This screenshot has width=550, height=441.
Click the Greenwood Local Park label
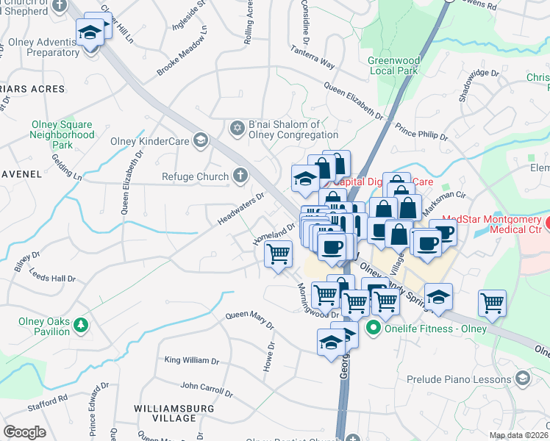393,65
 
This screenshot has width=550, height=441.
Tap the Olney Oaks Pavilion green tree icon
81,323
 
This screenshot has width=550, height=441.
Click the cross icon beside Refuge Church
239,176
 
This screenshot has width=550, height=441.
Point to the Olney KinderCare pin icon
199,140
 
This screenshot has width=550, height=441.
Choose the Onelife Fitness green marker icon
373,328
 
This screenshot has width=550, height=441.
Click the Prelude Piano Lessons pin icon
523,379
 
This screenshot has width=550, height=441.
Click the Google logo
24,431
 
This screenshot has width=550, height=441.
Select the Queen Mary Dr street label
249,320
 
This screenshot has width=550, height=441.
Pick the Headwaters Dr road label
240,210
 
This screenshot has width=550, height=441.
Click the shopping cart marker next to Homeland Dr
278,255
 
